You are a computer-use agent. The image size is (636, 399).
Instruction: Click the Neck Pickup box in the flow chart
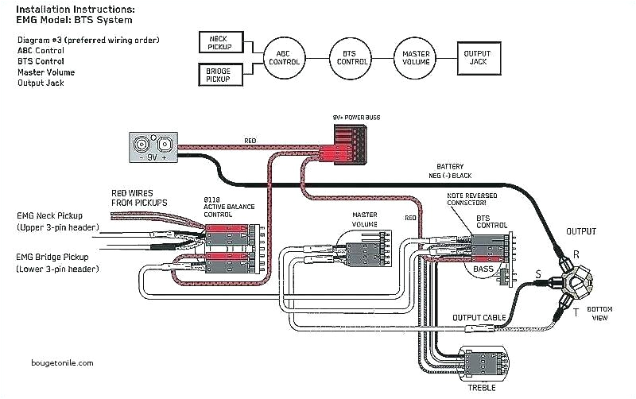(219, 41)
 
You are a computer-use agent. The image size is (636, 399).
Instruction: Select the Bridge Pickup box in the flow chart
(219, 75)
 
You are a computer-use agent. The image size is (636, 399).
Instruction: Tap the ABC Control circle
(284, 57)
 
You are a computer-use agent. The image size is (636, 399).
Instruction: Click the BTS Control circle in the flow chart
(350, 57)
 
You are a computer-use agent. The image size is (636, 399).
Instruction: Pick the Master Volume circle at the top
(416, 57)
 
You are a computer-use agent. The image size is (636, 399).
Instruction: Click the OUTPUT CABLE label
(479, 318)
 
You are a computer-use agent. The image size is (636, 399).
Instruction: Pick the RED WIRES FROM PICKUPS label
(138, 198)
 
